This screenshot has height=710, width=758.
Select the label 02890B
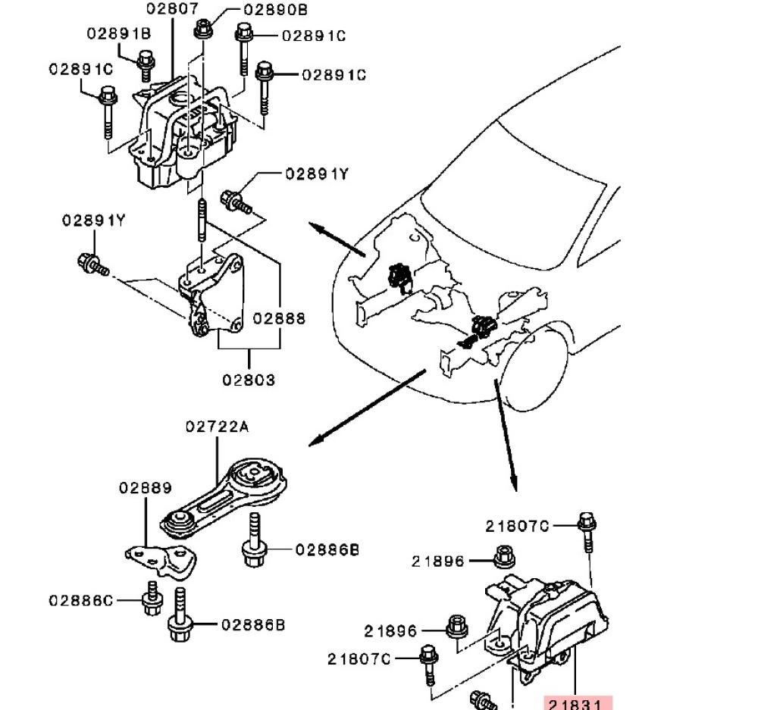click(x=275, y=10)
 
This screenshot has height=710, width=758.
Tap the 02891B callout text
click(x=118, y=33)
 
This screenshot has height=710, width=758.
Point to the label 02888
click(x=279, y=318)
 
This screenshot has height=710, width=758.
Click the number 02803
click(x=249, y=380)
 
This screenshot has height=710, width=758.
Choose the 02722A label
click(x=217, y=427)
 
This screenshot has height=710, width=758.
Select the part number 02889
click(x=146, y=488)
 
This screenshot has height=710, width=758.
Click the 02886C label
click(x=81, y=601)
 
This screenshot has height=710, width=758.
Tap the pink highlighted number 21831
click(x=578, y=703)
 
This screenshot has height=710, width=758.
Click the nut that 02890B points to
click(x=203, y=29)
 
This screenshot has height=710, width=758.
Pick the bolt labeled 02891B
click(x=146, y=65)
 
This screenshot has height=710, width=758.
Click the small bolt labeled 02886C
click(x=152, y=599)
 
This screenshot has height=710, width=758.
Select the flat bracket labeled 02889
click(x=162, y=561)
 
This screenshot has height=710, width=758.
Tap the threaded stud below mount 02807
click(x=202, y=221)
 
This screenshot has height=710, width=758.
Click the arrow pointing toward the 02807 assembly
click(x=337, y=239)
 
